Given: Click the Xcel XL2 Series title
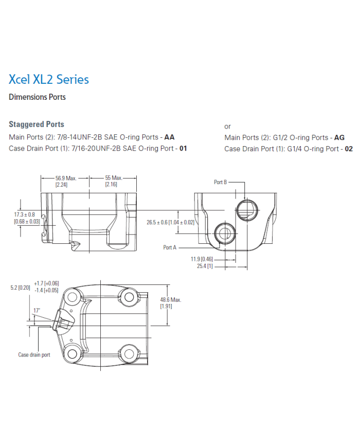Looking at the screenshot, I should tap(49, 79).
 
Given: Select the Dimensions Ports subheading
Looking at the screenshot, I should tap(37, 97).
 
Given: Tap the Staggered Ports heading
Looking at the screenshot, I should tap(37, 124).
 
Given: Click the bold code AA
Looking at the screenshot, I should tap(169, 137).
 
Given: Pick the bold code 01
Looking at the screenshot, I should tap(183, 149).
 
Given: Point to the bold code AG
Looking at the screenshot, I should tap(339, 137).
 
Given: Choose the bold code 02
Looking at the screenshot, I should tap(349, 149).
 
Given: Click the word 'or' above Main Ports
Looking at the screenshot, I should tap(228, 126).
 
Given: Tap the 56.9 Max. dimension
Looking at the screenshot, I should tap(66, 178).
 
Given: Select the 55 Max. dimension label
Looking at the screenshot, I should tap(113, 178).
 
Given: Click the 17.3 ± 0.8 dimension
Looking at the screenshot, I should tap(24, 214).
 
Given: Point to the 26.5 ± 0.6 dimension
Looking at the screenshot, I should tap(170, 222).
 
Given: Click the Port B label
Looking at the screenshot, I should tap(221, 182).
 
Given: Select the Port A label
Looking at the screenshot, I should tap(170, 247).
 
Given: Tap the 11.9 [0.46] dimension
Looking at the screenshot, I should tap(202, 259).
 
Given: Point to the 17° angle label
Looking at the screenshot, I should tap(37, 310).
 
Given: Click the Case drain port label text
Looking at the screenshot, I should tap(34, 355).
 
